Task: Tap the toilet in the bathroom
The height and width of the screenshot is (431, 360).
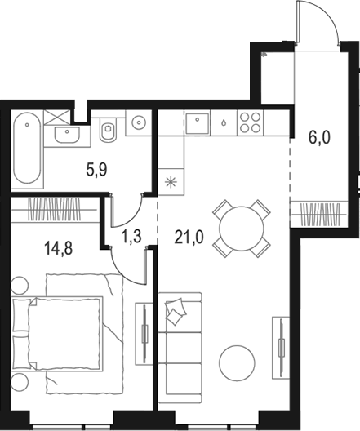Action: point(108,129)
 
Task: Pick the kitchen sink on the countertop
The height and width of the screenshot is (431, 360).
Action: point(198,123)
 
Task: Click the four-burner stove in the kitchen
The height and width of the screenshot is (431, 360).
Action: point(250,123)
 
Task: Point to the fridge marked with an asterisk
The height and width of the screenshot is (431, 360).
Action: point(171,180)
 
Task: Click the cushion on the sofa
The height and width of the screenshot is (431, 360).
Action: point(176,312)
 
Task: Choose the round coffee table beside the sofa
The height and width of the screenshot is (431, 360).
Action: point(238,361)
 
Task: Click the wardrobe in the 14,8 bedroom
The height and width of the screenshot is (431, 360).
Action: point(56,209)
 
